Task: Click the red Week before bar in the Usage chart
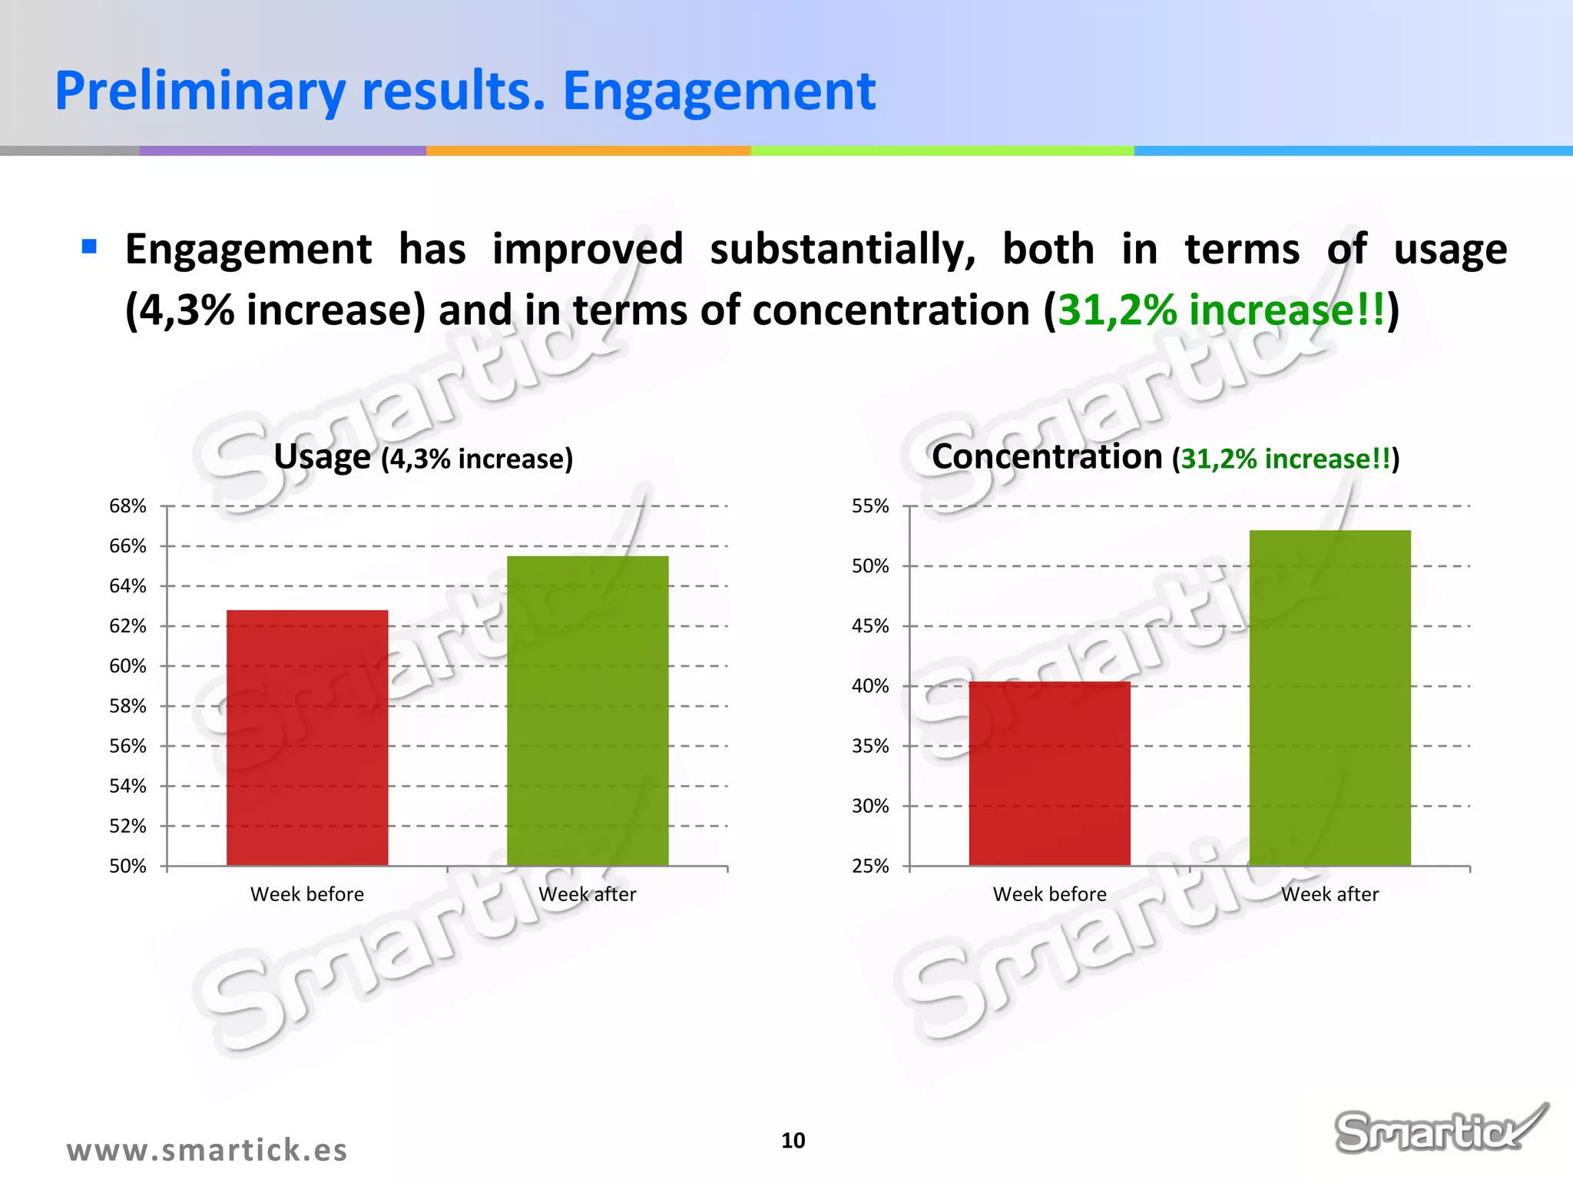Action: click(x=307, y=737)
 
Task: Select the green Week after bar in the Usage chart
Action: click(x=588, y=711)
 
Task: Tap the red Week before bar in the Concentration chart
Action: click(x=1049, y=773)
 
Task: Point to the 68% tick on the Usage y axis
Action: click(x=127, y=506)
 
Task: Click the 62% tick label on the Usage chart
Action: click(x=127, y=626)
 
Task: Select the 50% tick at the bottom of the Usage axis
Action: click(x=127, y=866)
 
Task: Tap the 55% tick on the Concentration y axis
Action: click(x=870, y=506)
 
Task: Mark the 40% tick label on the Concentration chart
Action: click(x=870, y=686)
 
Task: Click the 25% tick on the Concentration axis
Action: click(x=870, y=866)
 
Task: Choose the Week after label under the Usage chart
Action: click(x=588, y=894)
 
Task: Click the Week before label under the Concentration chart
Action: click(x=1049, y=894)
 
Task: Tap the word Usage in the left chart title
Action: click(x=323, y=457)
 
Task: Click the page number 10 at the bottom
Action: click(x=793, y=1141)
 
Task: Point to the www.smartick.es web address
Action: click(x=207, y=1150)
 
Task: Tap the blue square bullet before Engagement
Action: click(x=89, y=247)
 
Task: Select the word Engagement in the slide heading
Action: click(x=719, y=91)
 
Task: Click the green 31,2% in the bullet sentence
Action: click(x=1118, y=310)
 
